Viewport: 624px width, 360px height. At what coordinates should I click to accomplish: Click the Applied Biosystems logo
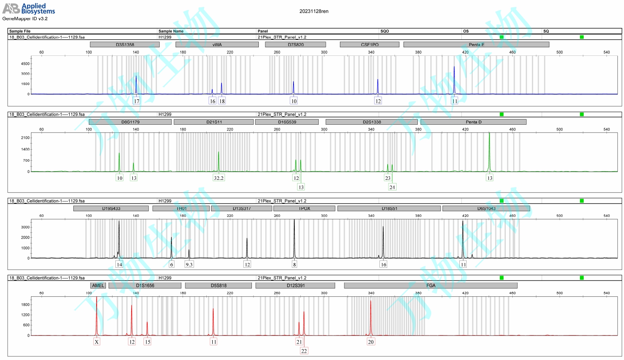tap(29, 9)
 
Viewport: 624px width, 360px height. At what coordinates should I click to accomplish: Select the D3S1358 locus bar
tap(125, 44)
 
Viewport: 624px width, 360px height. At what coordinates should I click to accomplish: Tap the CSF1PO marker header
tap(369, 44)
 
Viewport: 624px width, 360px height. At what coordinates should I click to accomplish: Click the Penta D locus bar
tap(473, 122)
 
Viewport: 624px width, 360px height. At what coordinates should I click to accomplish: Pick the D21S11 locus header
tap(214, 122)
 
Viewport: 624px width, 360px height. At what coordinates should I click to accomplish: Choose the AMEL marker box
tap(98, 285)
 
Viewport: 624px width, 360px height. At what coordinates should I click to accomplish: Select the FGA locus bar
tap(430, 285)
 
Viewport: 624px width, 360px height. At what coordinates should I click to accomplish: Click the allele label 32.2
tap(218, 178)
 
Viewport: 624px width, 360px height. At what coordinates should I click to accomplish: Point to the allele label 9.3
tap(189, 264)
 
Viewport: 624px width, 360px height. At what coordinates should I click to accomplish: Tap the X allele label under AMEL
tap(97, 342)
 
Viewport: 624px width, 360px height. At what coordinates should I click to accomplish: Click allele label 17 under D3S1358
tap(137, 101)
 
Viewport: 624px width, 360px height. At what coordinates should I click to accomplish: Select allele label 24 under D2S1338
tap(392, 187)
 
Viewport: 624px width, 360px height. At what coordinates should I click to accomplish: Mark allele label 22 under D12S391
tap(304, 351)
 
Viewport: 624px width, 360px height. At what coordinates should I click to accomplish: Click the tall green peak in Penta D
tap(489, 151)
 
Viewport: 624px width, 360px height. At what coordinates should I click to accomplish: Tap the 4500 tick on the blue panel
tap(25, 64)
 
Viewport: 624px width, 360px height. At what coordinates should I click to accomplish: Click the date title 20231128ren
tap(314, 11)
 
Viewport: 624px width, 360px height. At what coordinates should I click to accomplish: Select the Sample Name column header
tap(171, 31)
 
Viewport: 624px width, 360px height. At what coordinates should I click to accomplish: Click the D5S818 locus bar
tap(218, 285)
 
